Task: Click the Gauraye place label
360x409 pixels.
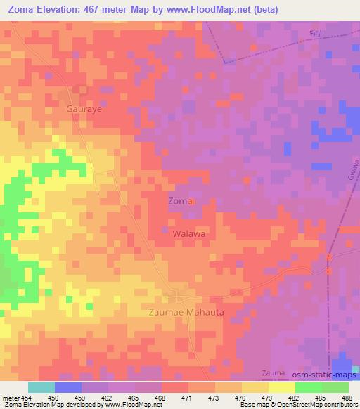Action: [85, 110]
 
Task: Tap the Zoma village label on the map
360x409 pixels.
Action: [178, 201]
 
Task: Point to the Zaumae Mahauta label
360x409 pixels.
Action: [187, 311]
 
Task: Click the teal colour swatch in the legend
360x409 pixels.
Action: [41, 387]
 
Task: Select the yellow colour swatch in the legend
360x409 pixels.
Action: [282, 387]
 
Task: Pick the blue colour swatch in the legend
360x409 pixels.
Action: [68, 387]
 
